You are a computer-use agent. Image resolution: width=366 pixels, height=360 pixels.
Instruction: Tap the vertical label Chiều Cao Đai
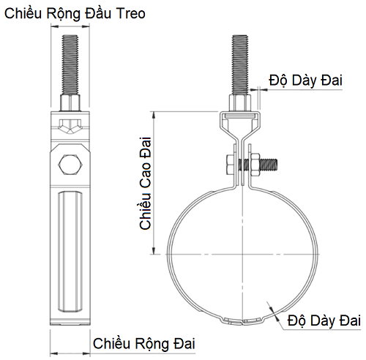[x=145, y=182]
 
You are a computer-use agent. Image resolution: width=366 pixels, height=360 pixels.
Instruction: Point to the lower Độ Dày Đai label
[x=325, y=320]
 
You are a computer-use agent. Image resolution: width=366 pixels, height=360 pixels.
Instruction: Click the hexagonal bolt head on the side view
[x=70, y=163]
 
